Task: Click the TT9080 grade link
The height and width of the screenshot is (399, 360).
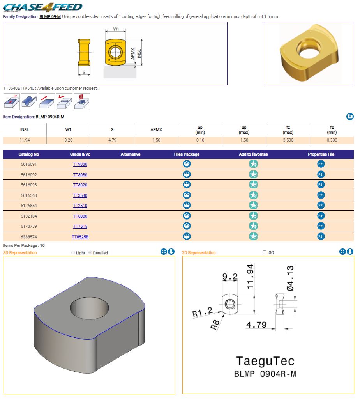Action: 80,164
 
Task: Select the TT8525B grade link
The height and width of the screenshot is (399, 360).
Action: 80,237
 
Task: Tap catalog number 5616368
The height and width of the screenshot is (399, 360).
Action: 29,195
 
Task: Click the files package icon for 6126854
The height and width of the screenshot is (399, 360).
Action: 187,206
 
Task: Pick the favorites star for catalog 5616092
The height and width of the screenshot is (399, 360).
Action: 253,174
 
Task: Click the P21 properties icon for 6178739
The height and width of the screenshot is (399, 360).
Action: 321,226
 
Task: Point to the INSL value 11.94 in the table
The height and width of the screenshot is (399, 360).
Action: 25,140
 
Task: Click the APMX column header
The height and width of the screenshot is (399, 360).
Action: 156,129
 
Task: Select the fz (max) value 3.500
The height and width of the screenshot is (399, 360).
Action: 288,140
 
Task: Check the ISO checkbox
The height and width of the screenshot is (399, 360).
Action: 265,252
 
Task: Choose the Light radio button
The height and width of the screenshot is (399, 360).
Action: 73,253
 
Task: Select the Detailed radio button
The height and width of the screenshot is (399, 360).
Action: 90,253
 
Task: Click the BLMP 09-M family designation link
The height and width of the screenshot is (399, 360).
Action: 50,16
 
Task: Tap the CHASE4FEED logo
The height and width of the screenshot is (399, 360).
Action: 43,7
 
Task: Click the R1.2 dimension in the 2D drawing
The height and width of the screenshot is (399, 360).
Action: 202,312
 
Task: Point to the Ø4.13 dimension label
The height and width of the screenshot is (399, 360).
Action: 290,278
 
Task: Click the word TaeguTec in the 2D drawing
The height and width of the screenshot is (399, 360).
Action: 265,361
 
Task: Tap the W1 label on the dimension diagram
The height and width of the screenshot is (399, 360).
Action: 116,29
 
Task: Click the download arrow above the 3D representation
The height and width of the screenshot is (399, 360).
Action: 171,252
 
